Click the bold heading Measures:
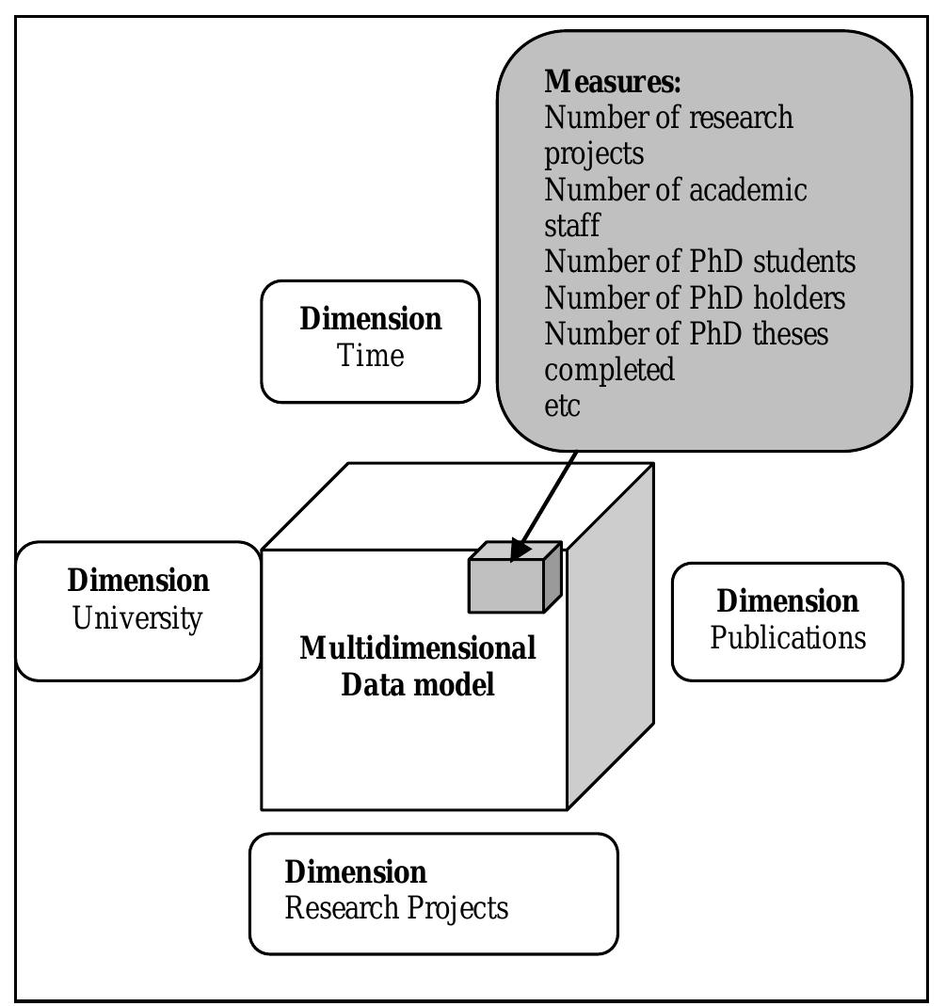612,82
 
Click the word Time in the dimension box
370,355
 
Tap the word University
137,618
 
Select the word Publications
788,638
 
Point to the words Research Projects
396,908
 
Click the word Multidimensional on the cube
418,648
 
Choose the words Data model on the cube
418,684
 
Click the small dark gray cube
515,577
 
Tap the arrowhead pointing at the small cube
520,550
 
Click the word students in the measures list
805,261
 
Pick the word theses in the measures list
791,334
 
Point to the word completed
609,370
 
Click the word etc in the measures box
562,407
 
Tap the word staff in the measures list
571,225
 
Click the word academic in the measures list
748,189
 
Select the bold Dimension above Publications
788,601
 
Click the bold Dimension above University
138,580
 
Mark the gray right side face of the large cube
611,635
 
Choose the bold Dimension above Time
371,319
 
